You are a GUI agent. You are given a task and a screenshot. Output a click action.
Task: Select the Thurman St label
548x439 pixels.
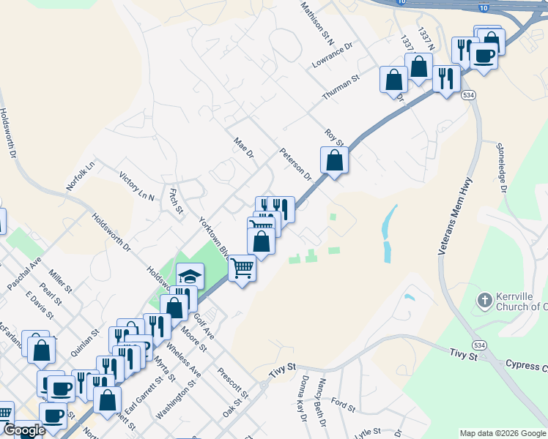(341, 87)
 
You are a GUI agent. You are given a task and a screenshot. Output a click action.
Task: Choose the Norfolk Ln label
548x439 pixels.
(81, 176)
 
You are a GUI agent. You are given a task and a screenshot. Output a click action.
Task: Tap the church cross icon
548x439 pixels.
(484, 300)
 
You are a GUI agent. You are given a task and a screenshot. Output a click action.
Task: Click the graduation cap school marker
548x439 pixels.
(190, 276)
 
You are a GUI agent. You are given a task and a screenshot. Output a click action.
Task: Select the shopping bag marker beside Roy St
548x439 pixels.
(334, 160)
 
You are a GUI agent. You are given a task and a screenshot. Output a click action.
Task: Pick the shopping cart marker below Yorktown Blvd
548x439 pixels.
(242, 268)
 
